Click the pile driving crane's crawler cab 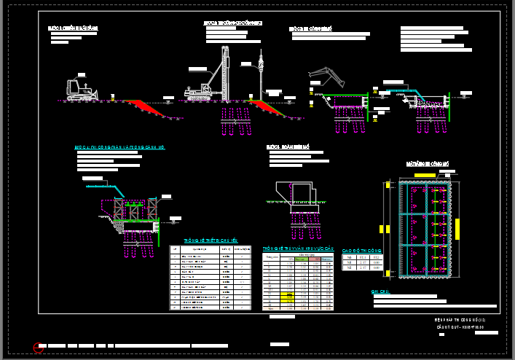[196, 92]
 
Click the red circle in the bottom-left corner [39, 348]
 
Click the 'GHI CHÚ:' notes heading [380, 291]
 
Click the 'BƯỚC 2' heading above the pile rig [232, 23]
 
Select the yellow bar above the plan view [427, 176]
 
